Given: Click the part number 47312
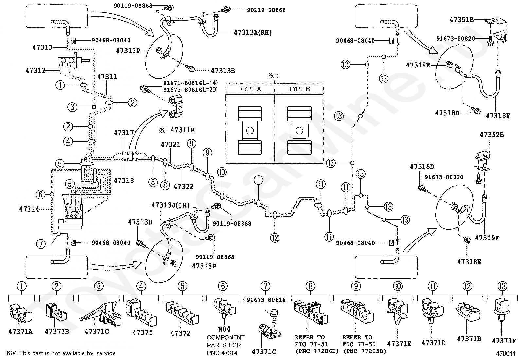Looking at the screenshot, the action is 35,70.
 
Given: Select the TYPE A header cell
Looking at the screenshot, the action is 250,89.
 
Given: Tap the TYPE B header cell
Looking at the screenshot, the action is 299,89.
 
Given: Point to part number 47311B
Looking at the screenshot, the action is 183,130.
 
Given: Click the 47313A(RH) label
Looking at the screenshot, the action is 253,32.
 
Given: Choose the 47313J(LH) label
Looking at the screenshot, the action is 171,205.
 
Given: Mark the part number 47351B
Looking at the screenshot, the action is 461,20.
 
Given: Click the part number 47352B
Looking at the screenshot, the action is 492,135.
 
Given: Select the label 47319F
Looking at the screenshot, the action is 487,238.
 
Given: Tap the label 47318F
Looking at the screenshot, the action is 498,116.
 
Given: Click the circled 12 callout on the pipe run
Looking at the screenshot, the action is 275,238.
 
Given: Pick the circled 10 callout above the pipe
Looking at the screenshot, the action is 222,172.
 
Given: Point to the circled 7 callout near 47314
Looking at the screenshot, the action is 41,244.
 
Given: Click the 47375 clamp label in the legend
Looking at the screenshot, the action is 143,332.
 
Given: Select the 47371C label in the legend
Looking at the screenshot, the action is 264,351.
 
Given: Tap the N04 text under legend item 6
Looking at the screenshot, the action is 224,329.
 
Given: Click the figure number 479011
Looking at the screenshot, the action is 506,353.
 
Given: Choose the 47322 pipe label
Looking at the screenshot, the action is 184,186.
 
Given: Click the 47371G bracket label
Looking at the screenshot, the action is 97,332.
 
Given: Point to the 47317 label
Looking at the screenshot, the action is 124,133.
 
